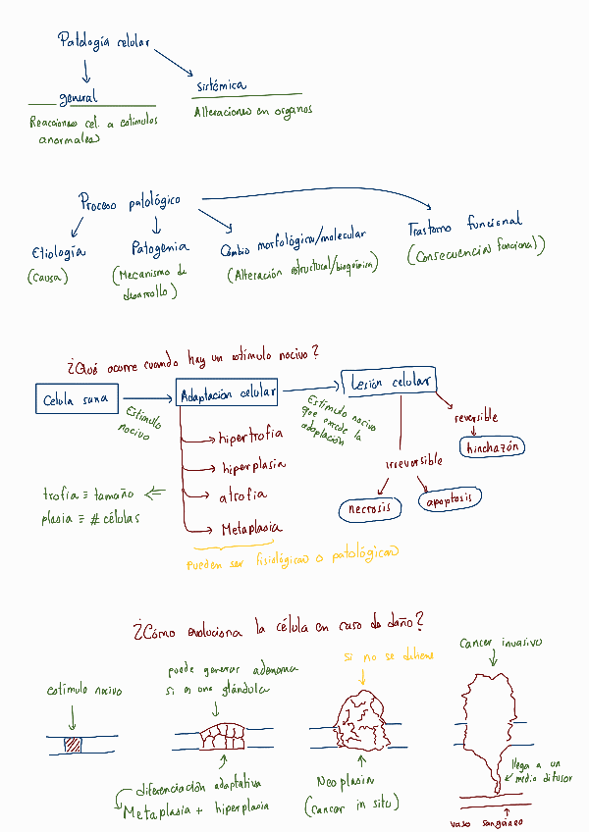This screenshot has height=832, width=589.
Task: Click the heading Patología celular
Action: point(104,42)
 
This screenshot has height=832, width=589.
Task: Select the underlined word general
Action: point(78,98)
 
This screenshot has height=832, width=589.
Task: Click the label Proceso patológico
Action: point(130,202)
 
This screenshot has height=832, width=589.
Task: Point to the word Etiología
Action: point(58,252)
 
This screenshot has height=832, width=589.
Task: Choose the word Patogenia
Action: point(160,248)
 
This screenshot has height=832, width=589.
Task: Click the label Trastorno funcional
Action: point(464,228)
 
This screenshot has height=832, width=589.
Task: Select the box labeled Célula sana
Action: point(75,400)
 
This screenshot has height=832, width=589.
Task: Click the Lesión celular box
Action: point(389,382)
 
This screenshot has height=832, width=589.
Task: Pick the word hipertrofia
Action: point(251,435)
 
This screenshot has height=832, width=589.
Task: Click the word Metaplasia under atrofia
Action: point(246,529)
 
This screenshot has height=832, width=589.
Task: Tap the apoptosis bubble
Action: point(451,499)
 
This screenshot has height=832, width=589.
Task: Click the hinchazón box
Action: point(496,447)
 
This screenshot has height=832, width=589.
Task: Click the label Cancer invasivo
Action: point(500,644)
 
